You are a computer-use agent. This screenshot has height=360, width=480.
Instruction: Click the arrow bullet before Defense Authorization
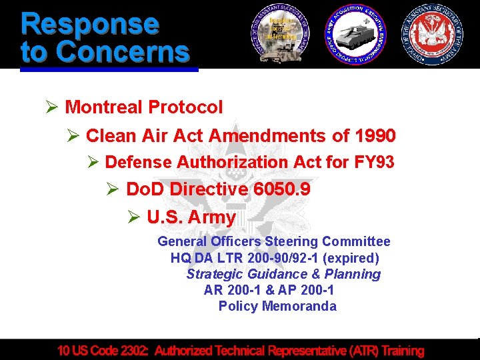coord(93,163)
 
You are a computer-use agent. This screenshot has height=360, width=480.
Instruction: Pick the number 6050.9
coord(282,189)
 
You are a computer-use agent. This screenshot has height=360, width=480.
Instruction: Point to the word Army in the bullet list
coord(212,217)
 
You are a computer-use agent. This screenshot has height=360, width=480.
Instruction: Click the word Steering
coord(292,241)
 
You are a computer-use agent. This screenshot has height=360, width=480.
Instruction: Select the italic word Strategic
coord(215,274)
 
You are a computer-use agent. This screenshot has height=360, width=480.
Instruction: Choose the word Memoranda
coord(299,306)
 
